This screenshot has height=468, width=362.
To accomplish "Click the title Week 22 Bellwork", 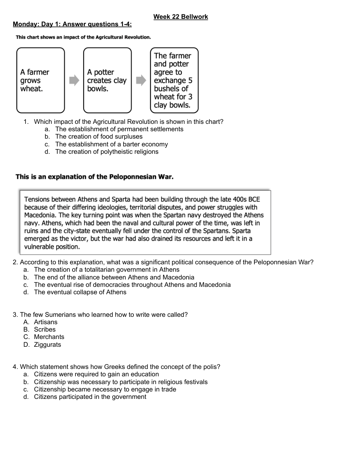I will coord(180,17).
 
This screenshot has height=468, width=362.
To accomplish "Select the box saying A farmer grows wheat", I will coord(40,80).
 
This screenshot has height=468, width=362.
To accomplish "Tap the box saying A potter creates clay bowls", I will coord(107,80).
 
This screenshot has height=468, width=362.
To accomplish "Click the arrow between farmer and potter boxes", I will coord(74,80).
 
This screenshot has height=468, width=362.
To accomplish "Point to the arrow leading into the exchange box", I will coord(141,80).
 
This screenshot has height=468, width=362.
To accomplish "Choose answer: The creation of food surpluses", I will coord(99,136).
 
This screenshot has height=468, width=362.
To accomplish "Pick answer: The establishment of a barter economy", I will coord(111,144).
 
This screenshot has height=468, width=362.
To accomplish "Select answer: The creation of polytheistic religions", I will coord(106,152).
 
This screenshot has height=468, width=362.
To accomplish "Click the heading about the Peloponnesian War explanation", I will coord(94,177).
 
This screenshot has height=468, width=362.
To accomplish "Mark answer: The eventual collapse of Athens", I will coord(80,292).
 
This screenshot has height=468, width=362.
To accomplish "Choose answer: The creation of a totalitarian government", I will coord(106,269).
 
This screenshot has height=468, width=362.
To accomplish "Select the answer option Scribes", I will coord(45,329).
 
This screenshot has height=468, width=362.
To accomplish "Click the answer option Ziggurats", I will coord(47,345).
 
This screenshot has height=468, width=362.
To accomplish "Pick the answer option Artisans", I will coord(45,322).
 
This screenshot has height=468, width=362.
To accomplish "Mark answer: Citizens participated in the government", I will coord(90,397).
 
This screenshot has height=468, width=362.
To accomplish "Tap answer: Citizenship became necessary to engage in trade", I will coord(105,389).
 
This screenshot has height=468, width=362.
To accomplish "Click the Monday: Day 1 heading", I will coord(72,24).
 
